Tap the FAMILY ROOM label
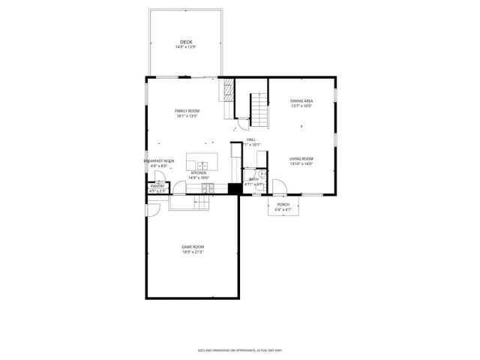point(187,110)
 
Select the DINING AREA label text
point(301,100)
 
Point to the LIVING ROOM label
point(301,158)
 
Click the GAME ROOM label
point(192,247)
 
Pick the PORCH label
point(283,204)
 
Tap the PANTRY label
point(157,186)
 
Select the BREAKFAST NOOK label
point(159,160)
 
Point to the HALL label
point(251,139)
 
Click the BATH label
point(253,179)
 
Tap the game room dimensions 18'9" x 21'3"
point(192,253)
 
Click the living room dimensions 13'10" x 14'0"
point(301,164)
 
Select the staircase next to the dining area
point(259,110)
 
